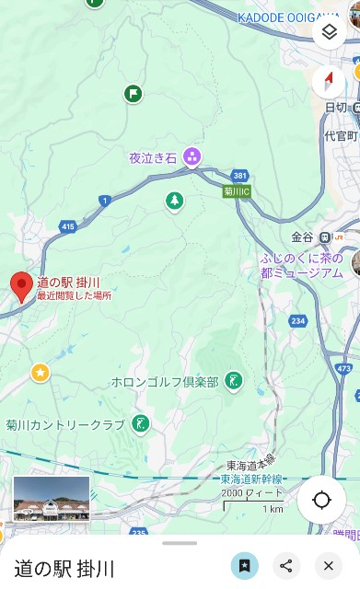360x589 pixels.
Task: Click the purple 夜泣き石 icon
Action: click(192, 157)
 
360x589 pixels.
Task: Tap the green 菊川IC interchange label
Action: click(238, 191)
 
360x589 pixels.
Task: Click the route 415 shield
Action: click(67, 225)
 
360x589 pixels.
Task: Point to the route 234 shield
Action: click(297, 320)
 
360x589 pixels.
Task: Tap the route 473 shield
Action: click(343, 368)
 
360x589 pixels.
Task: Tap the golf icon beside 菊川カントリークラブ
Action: click(141, 424)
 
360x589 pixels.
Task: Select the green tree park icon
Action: click(174, 201)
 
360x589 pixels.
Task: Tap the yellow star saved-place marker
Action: click(40, 372)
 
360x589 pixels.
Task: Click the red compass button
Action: click(329, 83)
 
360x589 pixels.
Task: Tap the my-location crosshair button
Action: click(321, 500)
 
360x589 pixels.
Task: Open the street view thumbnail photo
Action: click(52, 498)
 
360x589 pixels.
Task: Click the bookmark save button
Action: click(244, 566)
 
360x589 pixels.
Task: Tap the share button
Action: click(286, 566)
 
